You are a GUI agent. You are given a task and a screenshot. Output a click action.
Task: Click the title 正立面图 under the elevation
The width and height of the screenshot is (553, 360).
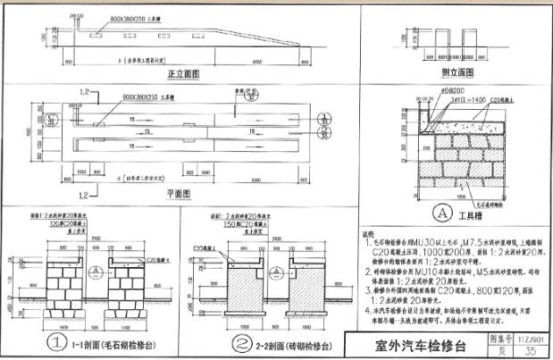point(182,76)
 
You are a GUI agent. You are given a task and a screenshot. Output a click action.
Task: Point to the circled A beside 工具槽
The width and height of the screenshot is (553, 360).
point(440,213)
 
